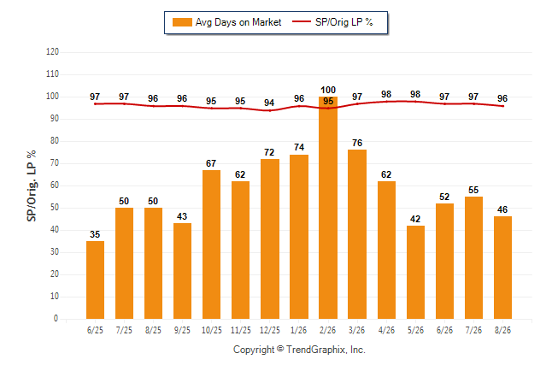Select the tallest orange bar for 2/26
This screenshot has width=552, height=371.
328,208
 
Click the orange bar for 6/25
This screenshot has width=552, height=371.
95,280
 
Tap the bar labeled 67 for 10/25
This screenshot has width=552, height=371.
211,244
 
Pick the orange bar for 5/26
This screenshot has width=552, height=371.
415,273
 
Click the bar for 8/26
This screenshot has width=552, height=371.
502,268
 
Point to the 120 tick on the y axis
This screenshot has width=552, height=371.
52,52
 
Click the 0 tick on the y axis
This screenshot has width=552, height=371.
56,319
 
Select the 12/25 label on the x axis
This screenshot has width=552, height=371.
270,330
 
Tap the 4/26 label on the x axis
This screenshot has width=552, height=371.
386,330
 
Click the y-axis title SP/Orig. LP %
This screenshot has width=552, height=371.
32,185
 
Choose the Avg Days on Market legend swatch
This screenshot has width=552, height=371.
182,22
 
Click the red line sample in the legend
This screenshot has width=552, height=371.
302,21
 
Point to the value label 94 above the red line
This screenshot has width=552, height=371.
269,103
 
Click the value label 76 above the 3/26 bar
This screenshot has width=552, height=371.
357,143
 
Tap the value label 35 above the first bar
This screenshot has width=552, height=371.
95,234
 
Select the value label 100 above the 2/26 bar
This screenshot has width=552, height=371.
328,90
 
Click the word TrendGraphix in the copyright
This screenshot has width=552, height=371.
316,350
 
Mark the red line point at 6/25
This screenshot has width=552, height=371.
95,104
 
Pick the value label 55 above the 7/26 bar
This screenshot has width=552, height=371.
473,190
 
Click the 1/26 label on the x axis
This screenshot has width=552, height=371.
298,330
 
